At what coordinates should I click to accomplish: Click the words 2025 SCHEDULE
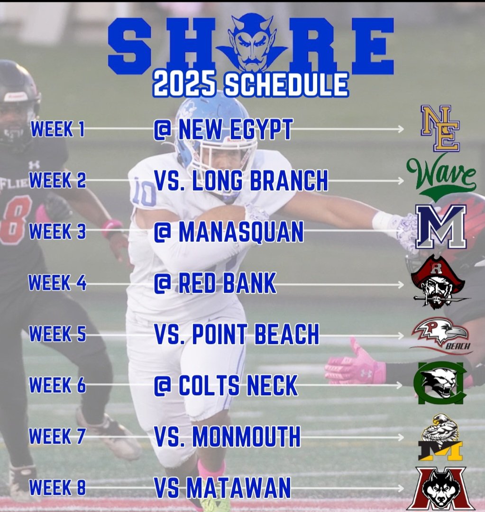click(x=251, y=84)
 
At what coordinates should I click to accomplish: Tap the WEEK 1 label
click(x=58, y=129)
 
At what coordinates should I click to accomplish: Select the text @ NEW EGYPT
click(x=223, y=130)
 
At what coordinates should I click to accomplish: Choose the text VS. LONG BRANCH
click(x=241, y=180)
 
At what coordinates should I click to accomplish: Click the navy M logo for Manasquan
click(x=441, y=226)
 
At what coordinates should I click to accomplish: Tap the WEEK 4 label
click(x=57, y=283)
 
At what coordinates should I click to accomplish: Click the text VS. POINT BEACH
click(x=237, y=335)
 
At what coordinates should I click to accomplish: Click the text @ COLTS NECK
click(x=226, y=386)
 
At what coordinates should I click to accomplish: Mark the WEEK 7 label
click(x=57, y=437)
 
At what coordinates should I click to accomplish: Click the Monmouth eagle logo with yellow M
click(x=440, y=438)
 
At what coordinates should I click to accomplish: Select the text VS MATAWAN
click(x=222, y=487)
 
